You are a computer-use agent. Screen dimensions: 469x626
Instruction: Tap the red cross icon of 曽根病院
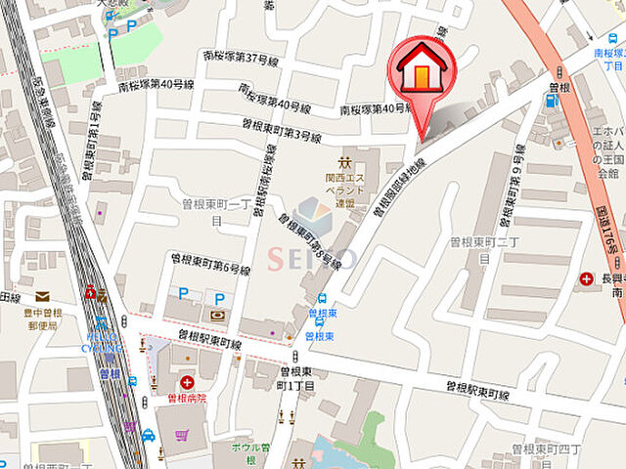click(187, 380)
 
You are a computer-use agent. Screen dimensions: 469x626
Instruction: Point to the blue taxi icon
click(148, 435)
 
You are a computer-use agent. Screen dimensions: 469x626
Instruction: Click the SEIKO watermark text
click(313, 258)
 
